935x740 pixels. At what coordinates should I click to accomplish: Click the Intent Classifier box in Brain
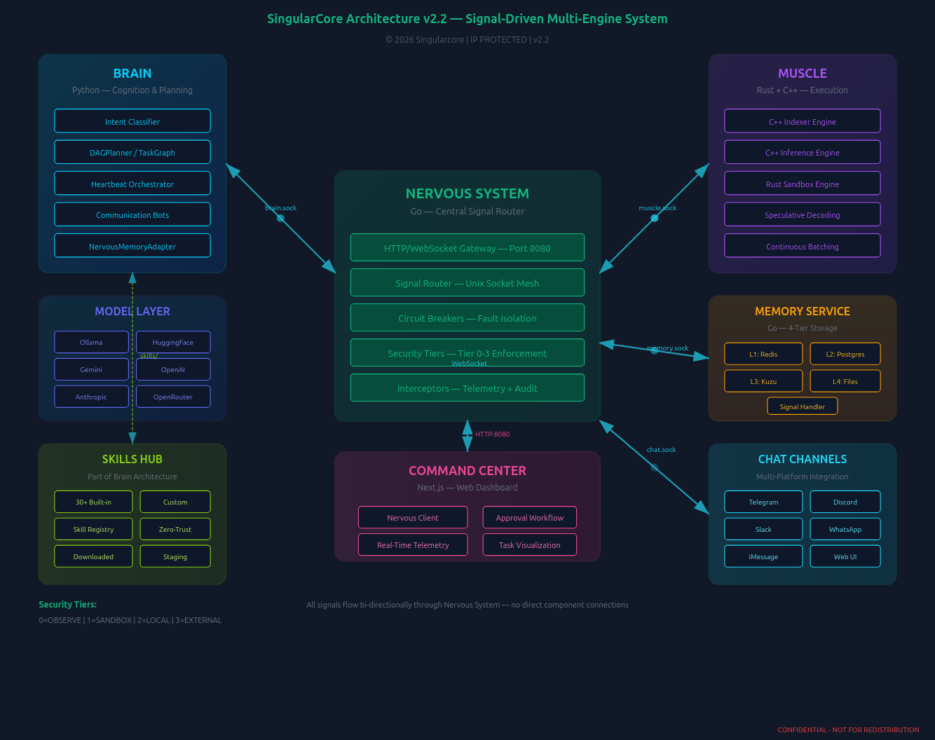[x=132, y=121]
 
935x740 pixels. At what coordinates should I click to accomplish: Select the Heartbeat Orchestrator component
[x=132, y=184]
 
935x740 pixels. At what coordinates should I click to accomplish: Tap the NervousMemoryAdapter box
[x=132, y=246]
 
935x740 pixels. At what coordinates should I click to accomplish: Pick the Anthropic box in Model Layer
[x=91, y=397]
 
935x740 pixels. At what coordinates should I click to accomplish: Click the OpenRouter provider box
[x=173, y=397]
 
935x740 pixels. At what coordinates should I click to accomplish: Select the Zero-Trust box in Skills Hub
[x=175, y=529]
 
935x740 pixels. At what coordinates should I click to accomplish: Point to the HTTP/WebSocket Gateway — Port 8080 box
[x=467, y=248]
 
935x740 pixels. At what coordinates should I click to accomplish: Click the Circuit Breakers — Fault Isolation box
[x=467, y=318]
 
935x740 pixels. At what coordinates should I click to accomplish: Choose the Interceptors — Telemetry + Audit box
[x=467, y=388]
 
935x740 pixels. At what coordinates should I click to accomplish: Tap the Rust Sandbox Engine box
[x=803, y=184]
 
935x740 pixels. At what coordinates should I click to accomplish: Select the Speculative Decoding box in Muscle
[x=803, y=215]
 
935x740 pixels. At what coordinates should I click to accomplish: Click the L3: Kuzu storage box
[x=763, y=381]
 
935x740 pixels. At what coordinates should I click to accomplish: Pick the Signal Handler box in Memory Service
[x=803, y=406]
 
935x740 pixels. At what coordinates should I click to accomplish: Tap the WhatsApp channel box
[x=845, y=529]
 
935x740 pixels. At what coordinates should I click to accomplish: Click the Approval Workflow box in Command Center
[x=530, y=518]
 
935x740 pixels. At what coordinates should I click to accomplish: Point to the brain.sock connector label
[x=280, y=208]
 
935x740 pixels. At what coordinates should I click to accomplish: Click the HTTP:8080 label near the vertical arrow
[x=493, y=434]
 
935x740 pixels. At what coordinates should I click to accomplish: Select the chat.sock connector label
[x=661, y=450]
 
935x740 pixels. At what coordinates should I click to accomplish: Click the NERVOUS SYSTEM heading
[x=467, y=193]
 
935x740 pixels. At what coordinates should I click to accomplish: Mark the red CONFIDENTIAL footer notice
[x=848, y=729]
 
